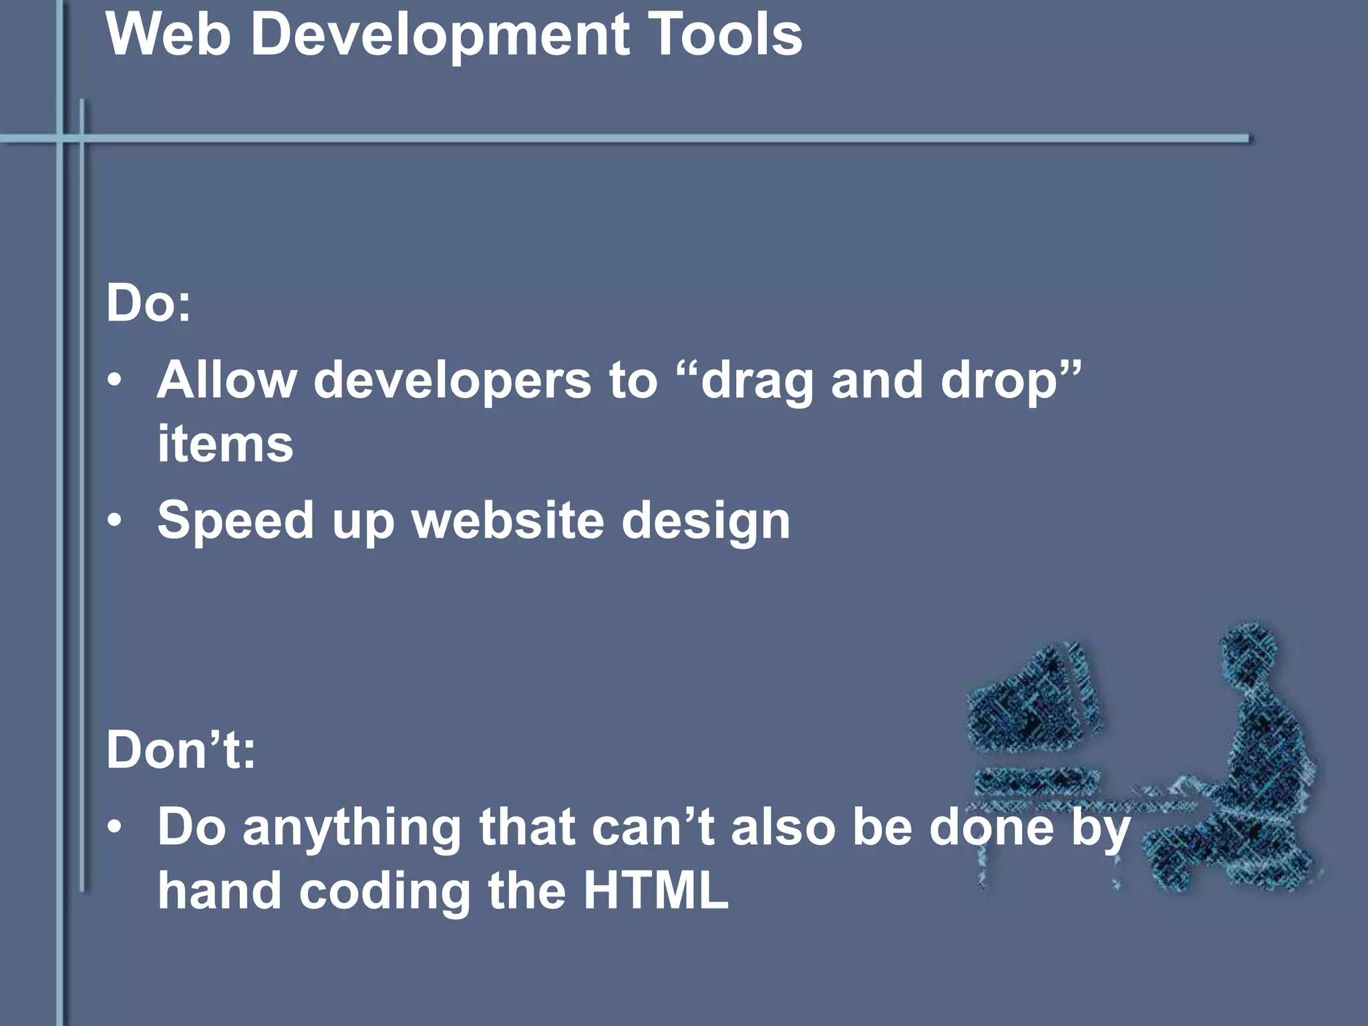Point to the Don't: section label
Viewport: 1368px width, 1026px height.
(x=180, y=749)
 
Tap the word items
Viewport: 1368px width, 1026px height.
(x=225, y=444)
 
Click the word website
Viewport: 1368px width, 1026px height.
(x=508, y=520)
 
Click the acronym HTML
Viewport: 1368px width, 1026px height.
(x=655, y=890)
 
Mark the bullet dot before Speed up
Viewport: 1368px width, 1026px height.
(x=115, y=520)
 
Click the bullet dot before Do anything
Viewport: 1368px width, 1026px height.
(x=115, y=827)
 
